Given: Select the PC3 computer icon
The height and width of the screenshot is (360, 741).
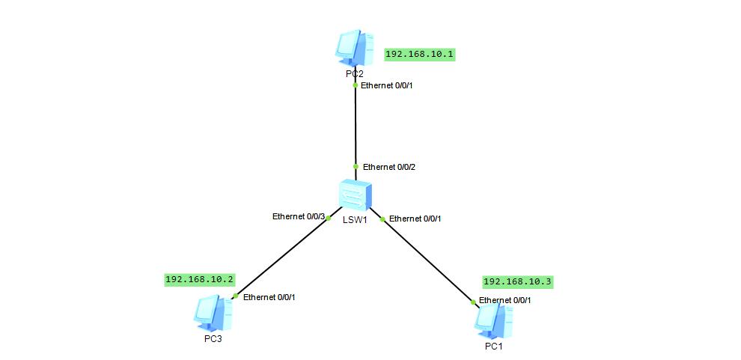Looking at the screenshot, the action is click(213, 314).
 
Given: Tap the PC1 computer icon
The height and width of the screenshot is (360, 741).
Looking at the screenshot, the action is click(494, 321).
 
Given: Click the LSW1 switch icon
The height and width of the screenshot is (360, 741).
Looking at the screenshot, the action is click(356, 195).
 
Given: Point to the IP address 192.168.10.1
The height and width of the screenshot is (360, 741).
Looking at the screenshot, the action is click(420, 55).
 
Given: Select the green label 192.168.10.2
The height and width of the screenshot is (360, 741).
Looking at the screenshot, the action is click(200, 280).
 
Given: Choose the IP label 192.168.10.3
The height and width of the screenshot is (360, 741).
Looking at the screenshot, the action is click(517, 282).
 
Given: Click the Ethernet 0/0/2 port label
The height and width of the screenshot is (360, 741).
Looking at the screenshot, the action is click(389, 167).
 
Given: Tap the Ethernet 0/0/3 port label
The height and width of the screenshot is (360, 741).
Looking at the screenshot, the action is click(299, 217).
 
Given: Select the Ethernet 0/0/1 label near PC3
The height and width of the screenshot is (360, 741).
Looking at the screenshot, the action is click(269, 297).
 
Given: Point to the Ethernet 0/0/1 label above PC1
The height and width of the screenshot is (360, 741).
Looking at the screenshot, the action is click(505, 300).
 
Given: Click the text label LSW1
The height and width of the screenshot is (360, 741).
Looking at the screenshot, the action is click(355, 219).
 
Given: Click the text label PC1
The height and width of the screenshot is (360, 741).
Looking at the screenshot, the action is click(494, 347).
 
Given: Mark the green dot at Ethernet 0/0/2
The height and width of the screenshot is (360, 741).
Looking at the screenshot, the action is click(356, 167).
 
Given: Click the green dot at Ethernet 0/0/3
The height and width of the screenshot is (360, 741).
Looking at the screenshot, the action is click(329, 219).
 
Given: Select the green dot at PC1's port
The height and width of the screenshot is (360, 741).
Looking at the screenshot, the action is click(473, 302).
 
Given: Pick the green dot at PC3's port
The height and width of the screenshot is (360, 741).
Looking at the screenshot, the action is click(235, 296).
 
